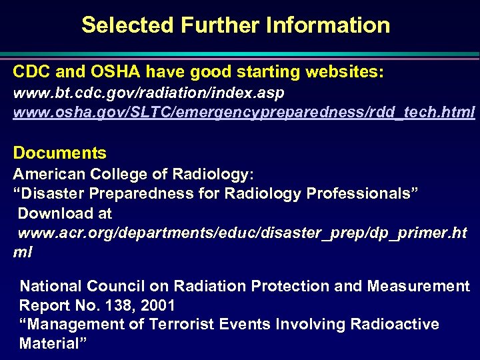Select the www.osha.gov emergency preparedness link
point(244,111)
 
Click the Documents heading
point(59,153)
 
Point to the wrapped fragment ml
point(23,253)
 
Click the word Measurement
point(419,286)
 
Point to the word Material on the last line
point(47,343)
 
